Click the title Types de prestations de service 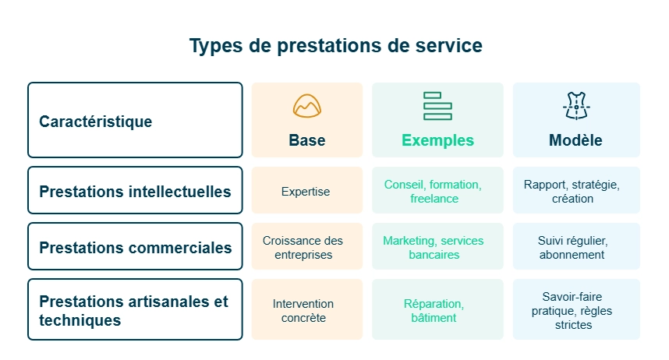[x=335, y=46]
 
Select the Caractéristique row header [x=96, y=122]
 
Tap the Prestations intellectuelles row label [x=135, y=191]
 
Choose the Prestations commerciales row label [x=135, y=248]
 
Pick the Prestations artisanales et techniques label [x=133, y=310]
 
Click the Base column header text [x=306, y=141]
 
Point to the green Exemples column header [x=437, y=141]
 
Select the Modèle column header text [x=575, y=141]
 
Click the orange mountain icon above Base [x=307, y=106]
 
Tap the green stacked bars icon [x=437, y=106]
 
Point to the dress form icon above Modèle [x=575, y=105]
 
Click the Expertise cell [x=306, y=192]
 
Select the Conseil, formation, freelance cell [x=434, y=192]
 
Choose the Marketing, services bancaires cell [x=434, y=248]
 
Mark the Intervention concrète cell [x=303, y=310]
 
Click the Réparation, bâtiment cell [x=434, y=310]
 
